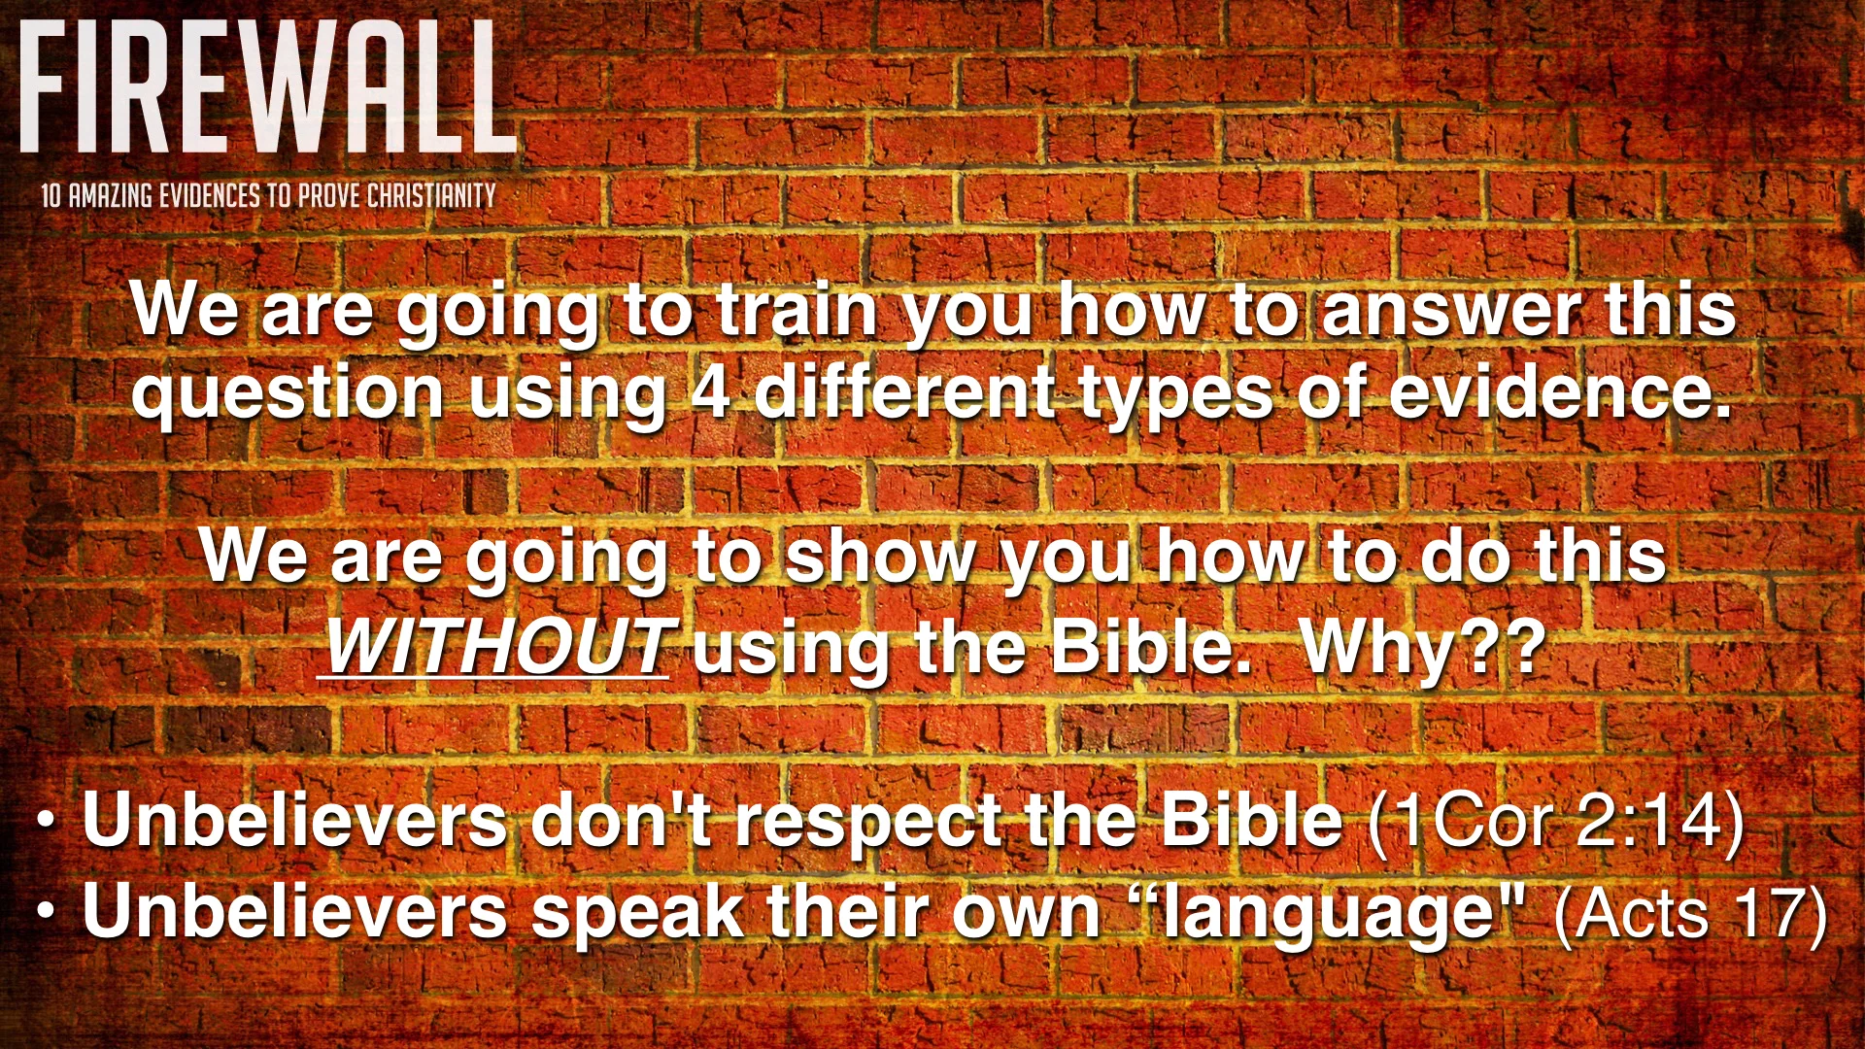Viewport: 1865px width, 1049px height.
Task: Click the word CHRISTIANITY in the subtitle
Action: pos(431,196)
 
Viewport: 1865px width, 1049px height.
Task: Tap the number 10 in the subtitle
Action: pos(51,196)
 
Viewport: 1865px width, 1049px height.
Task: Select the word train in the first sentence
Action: pos(797,311)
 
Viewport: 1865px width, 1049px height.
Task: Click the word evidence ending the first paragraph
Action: pos(1560,392)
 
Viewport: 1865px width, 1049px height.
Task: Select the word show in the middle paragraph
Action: pos(880,558)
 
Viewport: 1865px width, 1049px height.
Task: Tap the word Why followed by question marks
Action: pos(1379,646)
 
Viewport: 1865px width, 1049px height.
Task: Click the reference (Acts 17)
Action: pos(1690,913)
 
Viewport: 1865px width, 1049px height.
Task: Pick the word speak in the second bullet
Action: pos(636,913)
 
